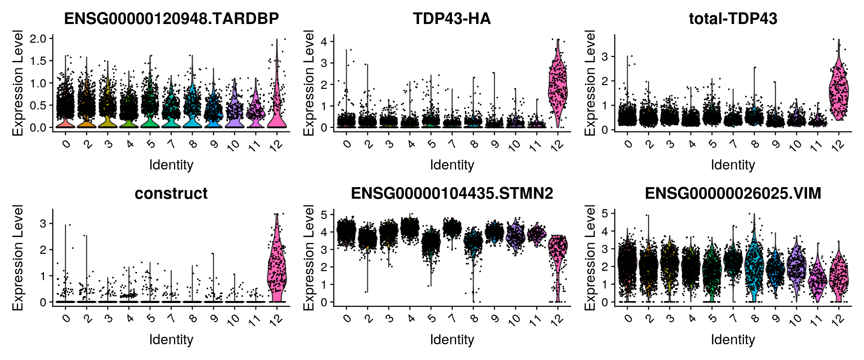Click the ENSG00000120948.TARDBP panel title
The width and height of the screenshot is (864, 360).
[171, 19]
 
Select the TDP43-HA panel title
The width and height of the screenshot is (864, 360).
[452, 19]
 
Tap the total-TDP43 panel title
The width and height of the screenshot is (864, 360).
[733, 19]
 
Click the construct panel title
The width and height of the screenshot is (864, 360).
[171, 193]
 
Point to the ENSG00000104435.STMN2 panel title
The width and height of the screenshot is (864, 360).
[452, 193]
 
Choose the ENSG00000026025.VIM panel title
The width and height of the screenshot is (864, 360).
[733, 193]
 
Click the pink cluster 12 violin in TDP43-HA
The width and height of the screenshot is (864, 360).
[558, 86]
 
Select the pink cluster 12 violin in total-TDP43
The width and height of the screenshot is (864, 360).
[839, 90]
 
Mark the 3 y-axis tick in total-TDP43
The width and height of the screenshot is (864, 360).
[604, 57]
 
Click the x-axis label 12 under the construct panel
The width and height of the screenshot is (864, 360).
[276, 320]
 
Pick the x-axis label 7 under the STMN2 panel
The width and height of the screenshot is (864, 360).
[453, 319]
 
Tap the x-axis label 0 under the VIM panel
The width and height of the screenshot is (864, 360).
[629, 319]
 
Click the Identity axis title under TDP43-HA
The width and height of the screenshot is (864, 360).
[452, 165]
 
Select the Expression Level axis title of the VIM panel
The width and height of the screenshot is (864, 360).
[590, 258]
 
